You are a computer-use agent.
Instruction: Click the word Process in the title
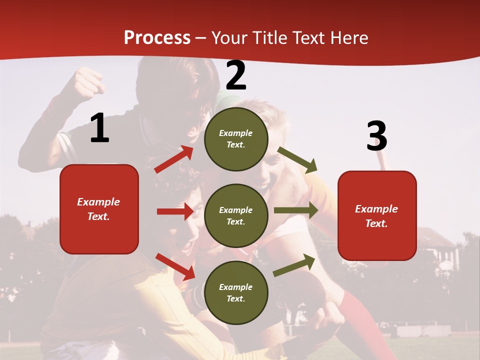coord(157,38)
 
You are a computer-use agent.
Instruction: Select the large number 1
coord(99,128)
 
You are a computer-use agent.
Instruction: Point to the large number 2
coord(236,75)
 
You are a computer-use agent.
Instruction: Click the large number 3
coord(376,136)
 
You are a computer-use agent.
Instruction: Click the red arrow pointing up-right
coord(174,159)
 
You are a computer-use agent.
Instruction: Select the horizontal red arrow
coord(175,211)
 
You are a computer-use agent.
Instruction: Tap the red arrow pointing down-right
coord(175,266)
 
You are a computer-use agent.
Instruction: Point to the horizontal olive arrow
coord(295,210)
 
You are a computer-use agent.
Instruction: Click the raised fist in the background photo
coord(89,82)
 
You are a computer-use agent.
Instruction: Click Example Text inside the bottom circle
coord(236,292)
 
